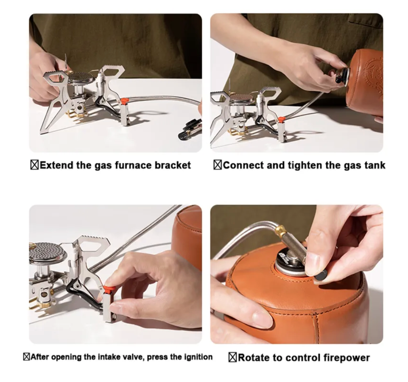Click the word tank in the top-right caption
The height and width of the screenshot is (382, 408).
374,165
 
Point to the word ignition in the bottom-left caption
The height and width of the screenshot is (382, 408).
198,357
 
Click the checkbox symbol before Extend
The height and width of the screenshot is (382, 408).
35,165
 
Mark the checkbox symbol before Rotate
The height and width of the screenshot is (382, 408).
232,357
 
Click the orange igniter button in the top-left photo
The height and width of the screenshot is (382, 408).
124,101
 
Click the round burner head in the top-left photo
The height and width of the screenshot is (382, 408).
79,77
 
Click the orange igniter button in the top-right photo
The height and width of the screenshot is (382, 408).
280,120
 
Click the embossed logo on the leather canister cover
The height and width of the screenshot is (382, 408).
373,71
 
